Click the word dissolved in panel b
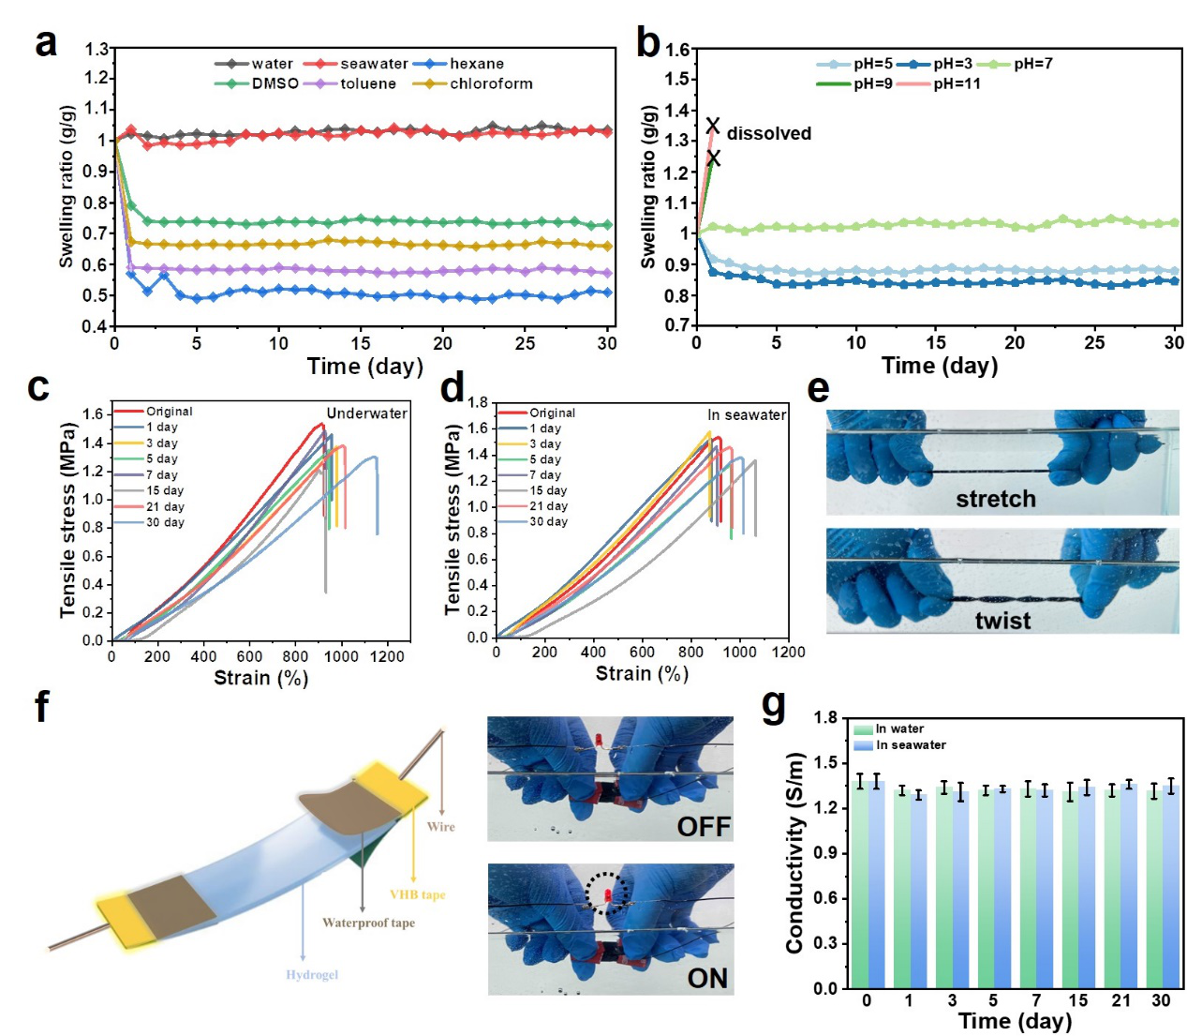point(768,133)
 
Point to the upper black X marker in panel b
point(713,126)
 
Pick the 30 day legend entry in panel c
point(165,522)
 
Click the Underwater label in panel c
point(366,413)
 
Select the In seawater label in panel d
point(747,414)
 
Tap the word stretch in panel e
point(996,499)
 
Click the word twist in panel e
point(1002,621)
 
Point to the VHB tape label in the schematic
point(417,894)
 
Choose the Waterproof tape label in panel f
point(368,923)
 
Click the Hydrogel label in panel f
point(312,975)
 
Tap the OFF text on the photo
point(704,826)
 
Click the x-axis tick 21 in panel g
point(1120,1000)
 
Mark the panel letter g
point(774,704)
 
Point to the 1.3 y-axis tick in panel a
point(96,48)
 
